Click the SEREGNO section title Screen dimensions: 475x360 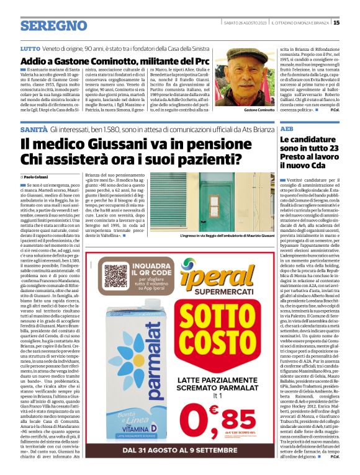[53, 25]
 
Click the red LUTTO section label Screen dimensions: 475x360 [30, 48]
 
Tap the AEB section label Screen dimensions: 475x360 [287, 128]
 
